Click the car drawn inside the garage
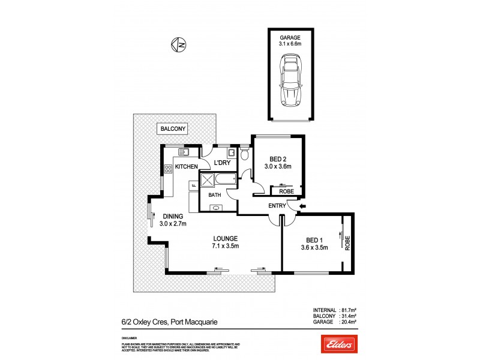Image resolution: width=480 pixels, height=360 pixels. click(291, 80)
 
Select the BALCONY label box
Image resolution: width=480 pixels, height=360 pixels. click(173, 128)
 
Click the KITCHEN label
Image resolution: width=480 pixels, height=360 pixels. click(186, 166)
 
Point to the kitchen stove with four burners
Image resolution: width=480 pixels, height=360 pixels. click(169, 170)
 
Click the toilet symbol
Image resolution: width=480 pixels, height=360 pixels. click(244, 155)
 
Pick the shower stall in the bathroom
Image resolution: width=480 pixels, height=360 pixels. click(208, 181)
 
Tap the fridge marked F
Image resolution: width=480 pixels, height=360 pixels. click(194, 185)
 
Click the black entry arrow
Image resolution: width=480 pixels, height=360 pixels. click(302, 206)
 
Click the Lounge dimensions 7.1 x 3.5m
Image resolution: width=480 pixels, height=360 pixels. click(225, 246)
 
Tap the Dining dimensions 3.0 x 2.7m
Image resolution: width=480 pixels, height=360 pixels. click(173, 224)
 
